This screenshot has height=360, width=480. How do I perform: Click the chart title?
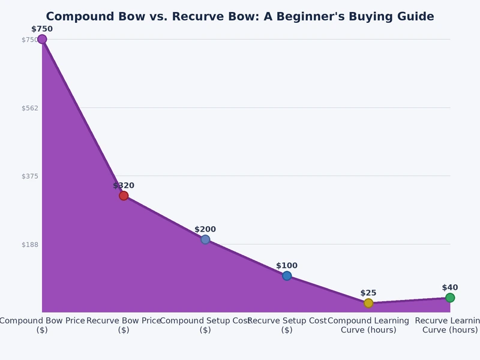(x=240, y=17)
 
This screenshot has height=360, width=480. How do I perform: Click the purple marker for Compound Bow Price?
(x=42, y=40)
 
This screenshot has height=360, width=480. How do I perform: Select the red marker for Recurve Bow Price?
(x=124, y=196)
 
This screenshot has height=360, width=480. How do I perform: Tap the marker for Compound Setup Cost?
(x=205, y=239)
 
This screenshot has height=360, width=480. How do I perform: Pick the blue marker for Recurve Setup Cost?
(x=287, y=276)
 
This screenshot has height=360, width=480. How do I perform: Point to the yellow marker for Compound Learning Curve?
(x=368, y=303)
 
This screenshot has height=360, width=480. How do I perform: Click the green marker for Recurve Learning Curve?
(x=450, y=298)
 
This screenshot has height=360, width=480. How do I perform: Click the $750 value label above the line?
(x=42, y=29)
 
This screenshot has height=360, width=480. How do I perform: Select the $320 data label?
(x=124, y=185)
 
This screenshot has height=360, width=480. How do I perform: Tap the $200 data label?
(x=205, y=229)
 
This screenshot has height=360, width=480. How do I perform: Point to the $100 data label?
(x=287, y=266)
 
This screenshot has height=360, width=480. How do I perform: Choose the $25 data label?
(x=368, y=293)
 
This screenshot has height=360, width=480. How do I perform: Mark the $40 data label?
(x=450, y=287)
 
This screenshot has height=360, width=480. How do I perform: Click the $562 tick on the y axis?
(x=29, y=108)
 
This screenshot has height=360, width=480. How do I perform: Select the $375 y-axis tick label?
(x=29, y=176)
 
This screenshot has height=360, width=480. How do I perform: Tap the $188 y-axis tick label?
(x=29, y=245)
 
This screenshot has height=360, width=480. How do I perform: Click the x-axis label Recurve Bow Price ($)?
(x=124, y=325)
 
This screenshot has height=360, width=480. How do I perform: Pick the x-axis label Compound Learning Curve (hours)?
(x=368, y=325)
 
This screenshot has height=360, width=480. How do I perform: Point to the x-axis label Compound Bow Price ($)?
(x=42, y=325)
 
